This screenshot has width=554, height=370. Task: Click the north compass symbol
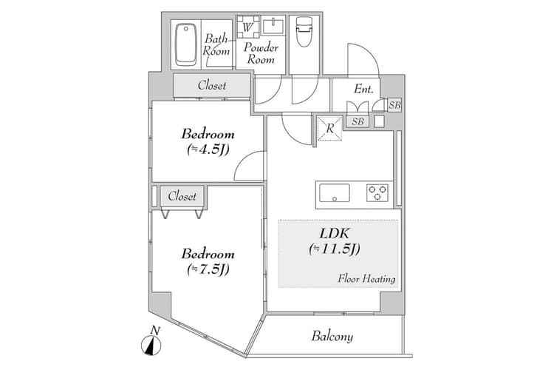pyautogui.click(x=151, y=344)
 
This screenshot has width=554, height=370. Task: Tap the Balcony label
pyautogui.click(x=332, y=337)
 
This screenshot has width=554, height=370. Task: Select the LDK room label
pyautogui.click(x=333, y=234)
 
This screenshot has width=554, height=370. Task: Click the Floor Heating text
pyautogui.click(x=367, y=279)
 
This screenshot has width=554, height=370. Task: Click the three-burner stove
pyautogui.click(x=378, y=193)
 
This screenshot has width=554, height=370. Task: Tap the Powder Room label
pyautogui.click(x=261, y=53)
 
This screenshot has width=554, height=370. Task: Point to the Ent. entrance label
pyautogui.click(x=363, y=89)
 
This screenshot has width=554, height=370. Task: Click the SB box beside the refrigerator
pyautogui.click(x=358, y=121)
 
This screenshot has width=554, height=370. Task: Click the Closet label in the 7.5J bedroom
pyautogui.click(x=182, y=196)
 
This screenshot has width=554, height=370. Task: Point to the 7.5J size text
pyautogui.click(x=208, y=269)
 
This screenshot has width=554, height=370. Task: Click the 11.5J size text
pyautogui.click(x=334, y=249)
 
